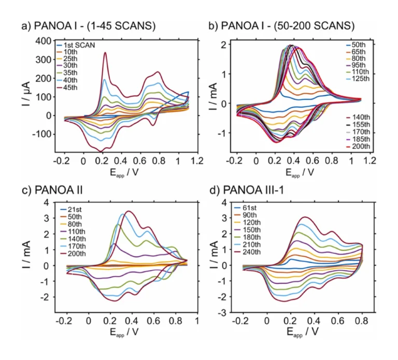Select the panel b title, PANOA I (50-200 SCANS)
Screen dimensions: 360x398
coord(288,25)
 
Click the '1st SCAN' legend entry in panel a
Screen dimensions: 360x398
coord(80,46)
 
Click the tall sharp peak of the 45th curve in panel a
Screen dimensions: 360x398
coord(105,52)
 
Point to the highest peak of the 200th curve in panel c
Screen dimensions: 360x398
coord(128,211)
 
